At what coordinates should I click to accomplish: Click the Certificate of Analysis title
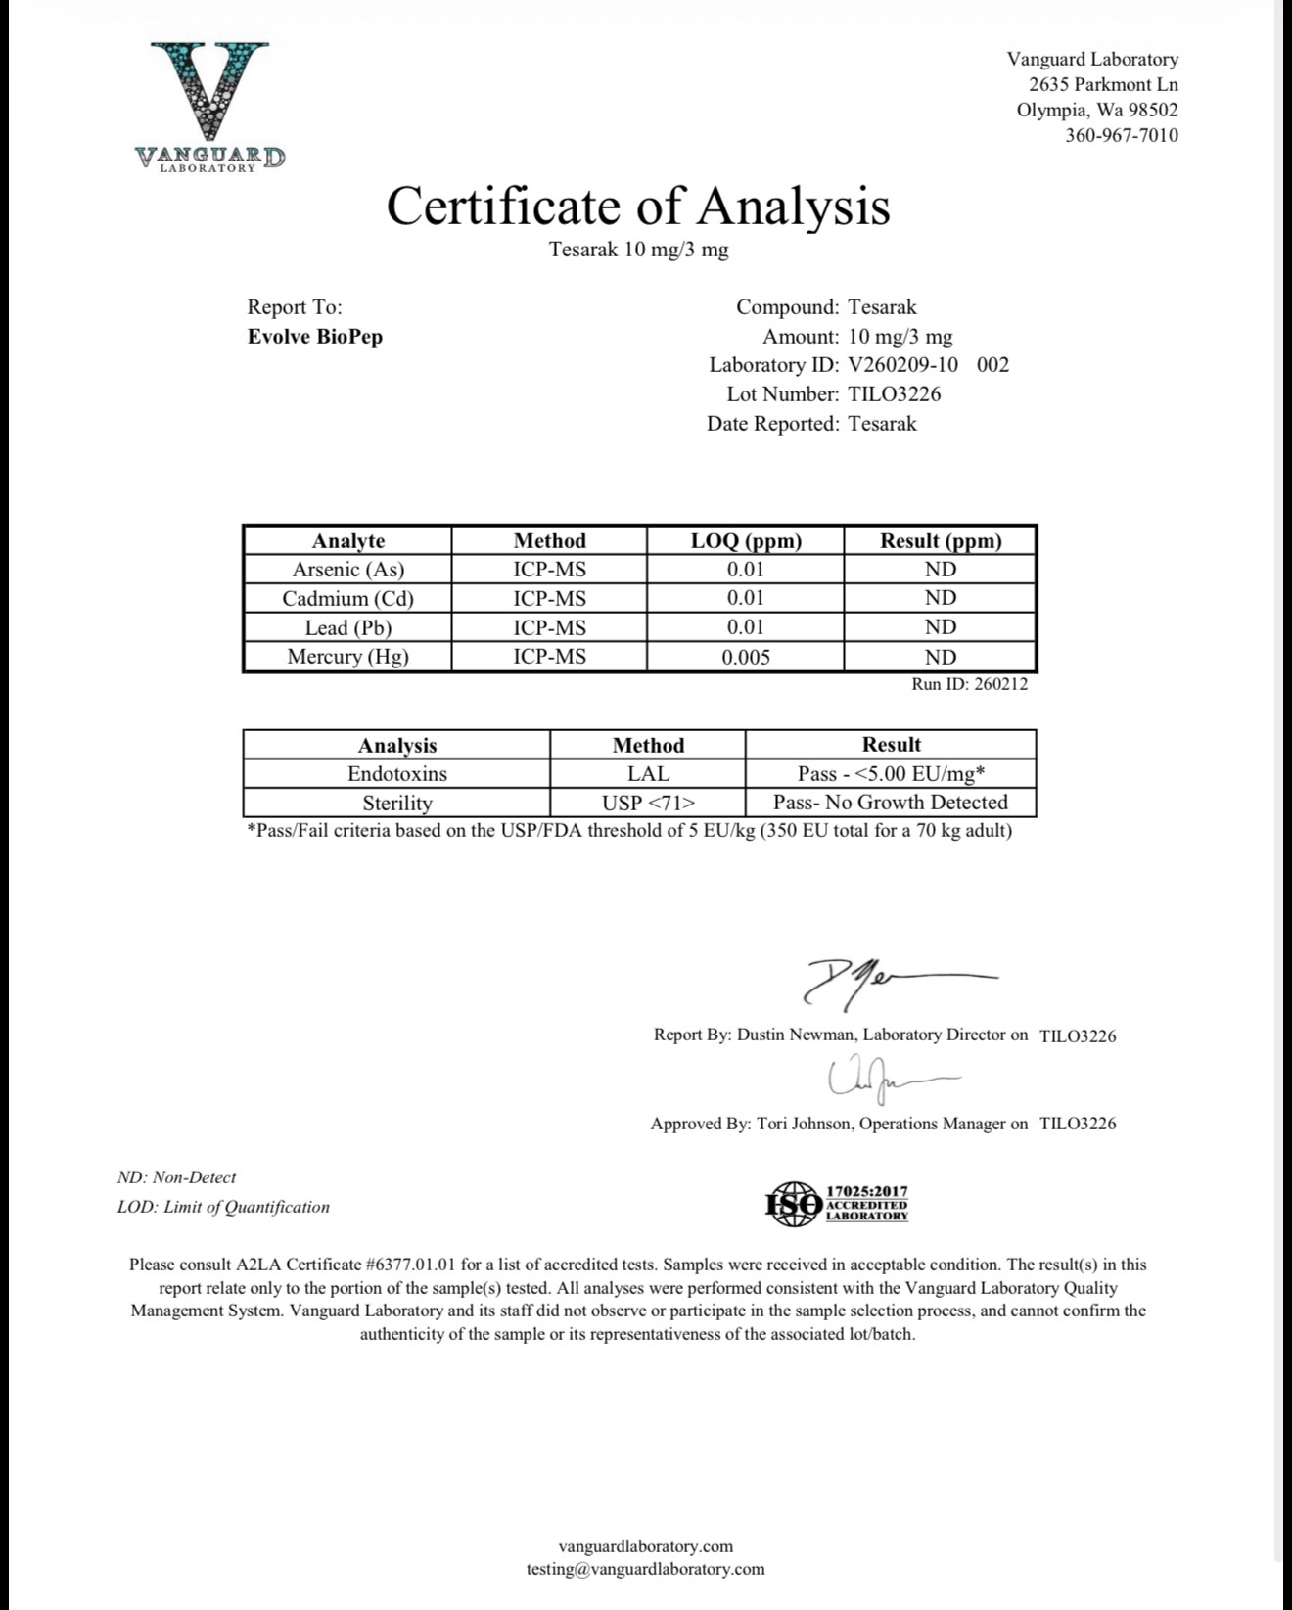[x=638, y=206]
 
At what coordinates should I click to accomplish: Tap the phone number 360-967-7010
[x=1121, y=135]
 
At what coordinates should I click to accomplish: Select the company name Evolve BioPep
[x=314, y=337]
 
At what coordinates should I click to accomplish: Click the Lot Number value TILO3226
[x=894, y=394]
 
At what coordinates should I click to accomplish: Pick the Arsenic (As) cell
[x=347, y=569]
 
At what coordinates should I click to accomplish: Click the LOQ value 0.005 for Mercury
[x=745, y=657]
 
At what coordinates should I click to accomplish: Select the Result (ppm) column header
[x=940, y=540]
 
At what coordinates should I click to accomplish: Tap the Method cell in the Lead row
[x=549, y=627]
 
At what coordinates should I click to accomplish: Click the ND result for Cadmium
[x=940, y=598]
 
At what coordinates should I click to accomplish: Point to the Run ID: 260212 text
[x=969, y=684]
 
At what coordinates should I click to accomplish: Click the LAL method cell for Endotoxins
[x=647, y=773]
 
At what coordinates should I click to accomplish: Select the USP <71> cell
[x=647, y=803]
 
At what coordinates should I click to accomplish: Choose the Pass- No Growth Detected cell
[x=890, y=803]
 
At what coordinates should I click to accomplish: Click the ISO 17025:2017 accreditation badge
[x=837, y=1203]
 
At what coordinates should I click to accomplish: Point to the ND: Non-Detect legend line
[x=176, y=1177]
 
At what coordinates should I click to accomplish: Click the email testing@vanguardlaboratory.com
[x=645, y=1569]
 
